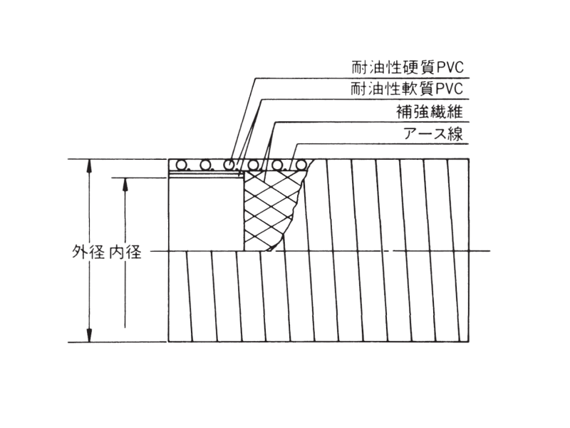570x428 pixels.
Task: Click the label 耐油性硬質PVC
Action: (408, 67)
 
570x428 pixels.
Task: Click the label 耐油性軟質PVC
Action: (407, 88)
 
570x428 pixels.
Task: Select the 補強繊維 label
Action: (430, 111)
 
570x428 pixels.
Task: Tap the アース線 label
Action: (433, 133)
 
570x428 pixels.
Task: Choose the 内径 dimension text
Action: (125, 252)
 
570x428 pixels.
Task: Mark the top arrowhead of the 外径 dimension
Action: (88, 166)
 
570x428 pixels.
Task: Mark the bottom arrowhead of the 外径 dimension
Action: (88, 335)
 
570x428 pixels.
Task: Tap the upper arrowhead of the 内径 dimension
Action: (125, 185)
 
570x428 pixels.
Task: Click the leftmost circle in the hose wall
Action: (181, 165)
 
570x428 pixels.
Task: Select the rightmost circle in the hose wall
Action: (301, 165)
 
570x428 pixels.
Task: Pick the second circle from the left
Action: (205, 165)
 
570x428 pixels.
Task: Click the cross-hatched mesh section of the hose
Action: (271, 211)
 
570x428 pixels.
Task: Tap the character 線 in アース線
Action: (455, 133)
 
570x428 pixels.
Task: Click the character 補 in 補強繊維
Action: (404, 111)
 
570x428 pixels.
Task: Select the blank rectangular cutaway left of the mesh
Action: (207, 215)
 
